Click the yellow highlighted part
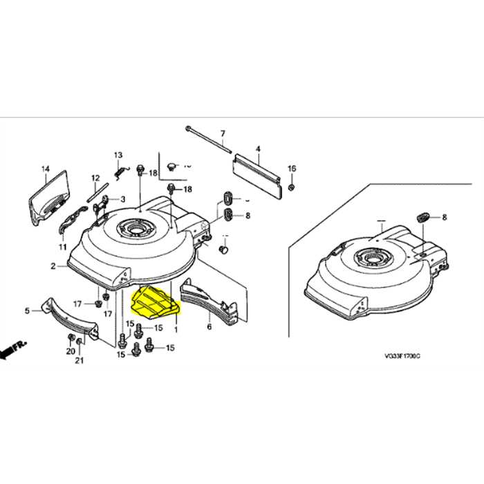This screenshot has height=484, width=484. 153,300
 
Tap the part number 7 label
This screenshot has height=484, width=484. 223,133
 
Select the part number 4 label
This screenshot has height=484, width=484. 257,149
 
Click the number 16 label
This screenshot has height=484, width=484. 291,169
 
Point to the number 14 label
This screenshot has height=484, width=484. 46,169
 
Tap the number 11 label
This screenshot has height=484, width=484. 62,246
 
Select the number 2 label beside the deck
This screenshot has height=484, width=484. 53,266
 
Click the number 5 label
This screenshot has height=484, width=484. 27,311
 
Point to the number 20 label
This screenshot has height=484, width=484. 70,352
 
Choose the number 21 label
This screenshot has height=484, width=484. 80,360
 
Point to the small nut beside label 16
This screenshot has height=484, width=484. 291,187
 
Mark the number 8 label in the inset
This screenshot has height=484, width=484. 444,216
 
